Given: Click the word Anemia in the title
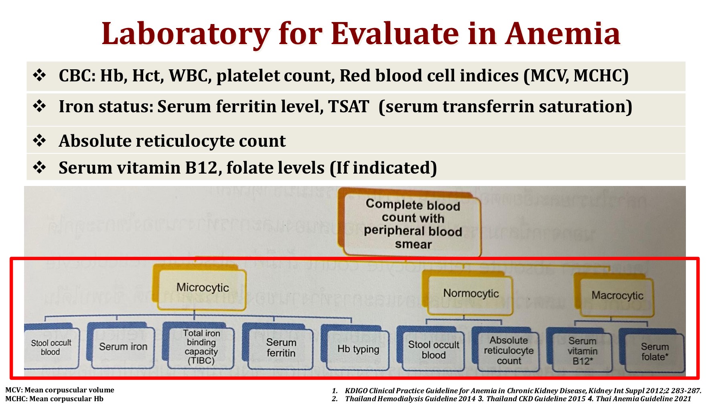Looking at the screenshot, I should pyautogui.click(x=563, y=34).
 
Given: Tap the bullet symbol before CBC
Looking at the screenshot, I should pyautogui.click(x=39, y=75).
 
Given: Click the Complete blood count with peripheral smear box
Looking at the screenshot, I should pyautogui.click(x=413, y=224).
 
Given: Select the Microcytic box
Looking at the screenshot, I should pyautogui.click(x=203, y=288).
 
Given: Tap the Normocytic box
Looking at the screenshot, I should pyautogui.click(x=471, y=293).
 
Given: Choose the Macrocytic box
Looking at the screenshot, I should pyautogui.click(x=617, y=296).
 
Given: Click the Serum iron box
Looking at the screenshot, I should pyautogui.click(x=123, y=347).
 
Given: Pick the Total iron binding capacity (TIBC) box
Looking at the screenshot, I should pyautogui.click(x=201, y=347).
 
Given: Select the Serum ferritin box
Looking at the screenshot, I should pyautogui.click(x=281, y=348).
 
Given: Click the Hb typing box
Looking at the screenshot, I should pyautogui.click(x=358, y=349).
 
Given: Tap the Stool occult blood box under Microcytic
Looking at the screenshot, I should pyautogui.click(x=51, y=347).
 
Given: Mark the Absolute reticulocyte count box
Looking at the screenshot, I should pyautogui.click(x=508, y=351).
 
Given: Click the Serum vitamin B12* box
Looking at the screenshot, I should pyautogui.click(x=582, y=351).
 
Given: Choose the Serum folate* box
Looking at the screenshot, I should pyautogui.click(x=654, y=352).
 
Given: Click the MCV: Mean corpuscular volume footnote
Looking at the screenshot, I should pyautogui.click(x=60, y=390).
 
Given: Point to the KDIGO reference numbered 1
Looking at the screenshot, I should pyautogui.click(x=521, y=391).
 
